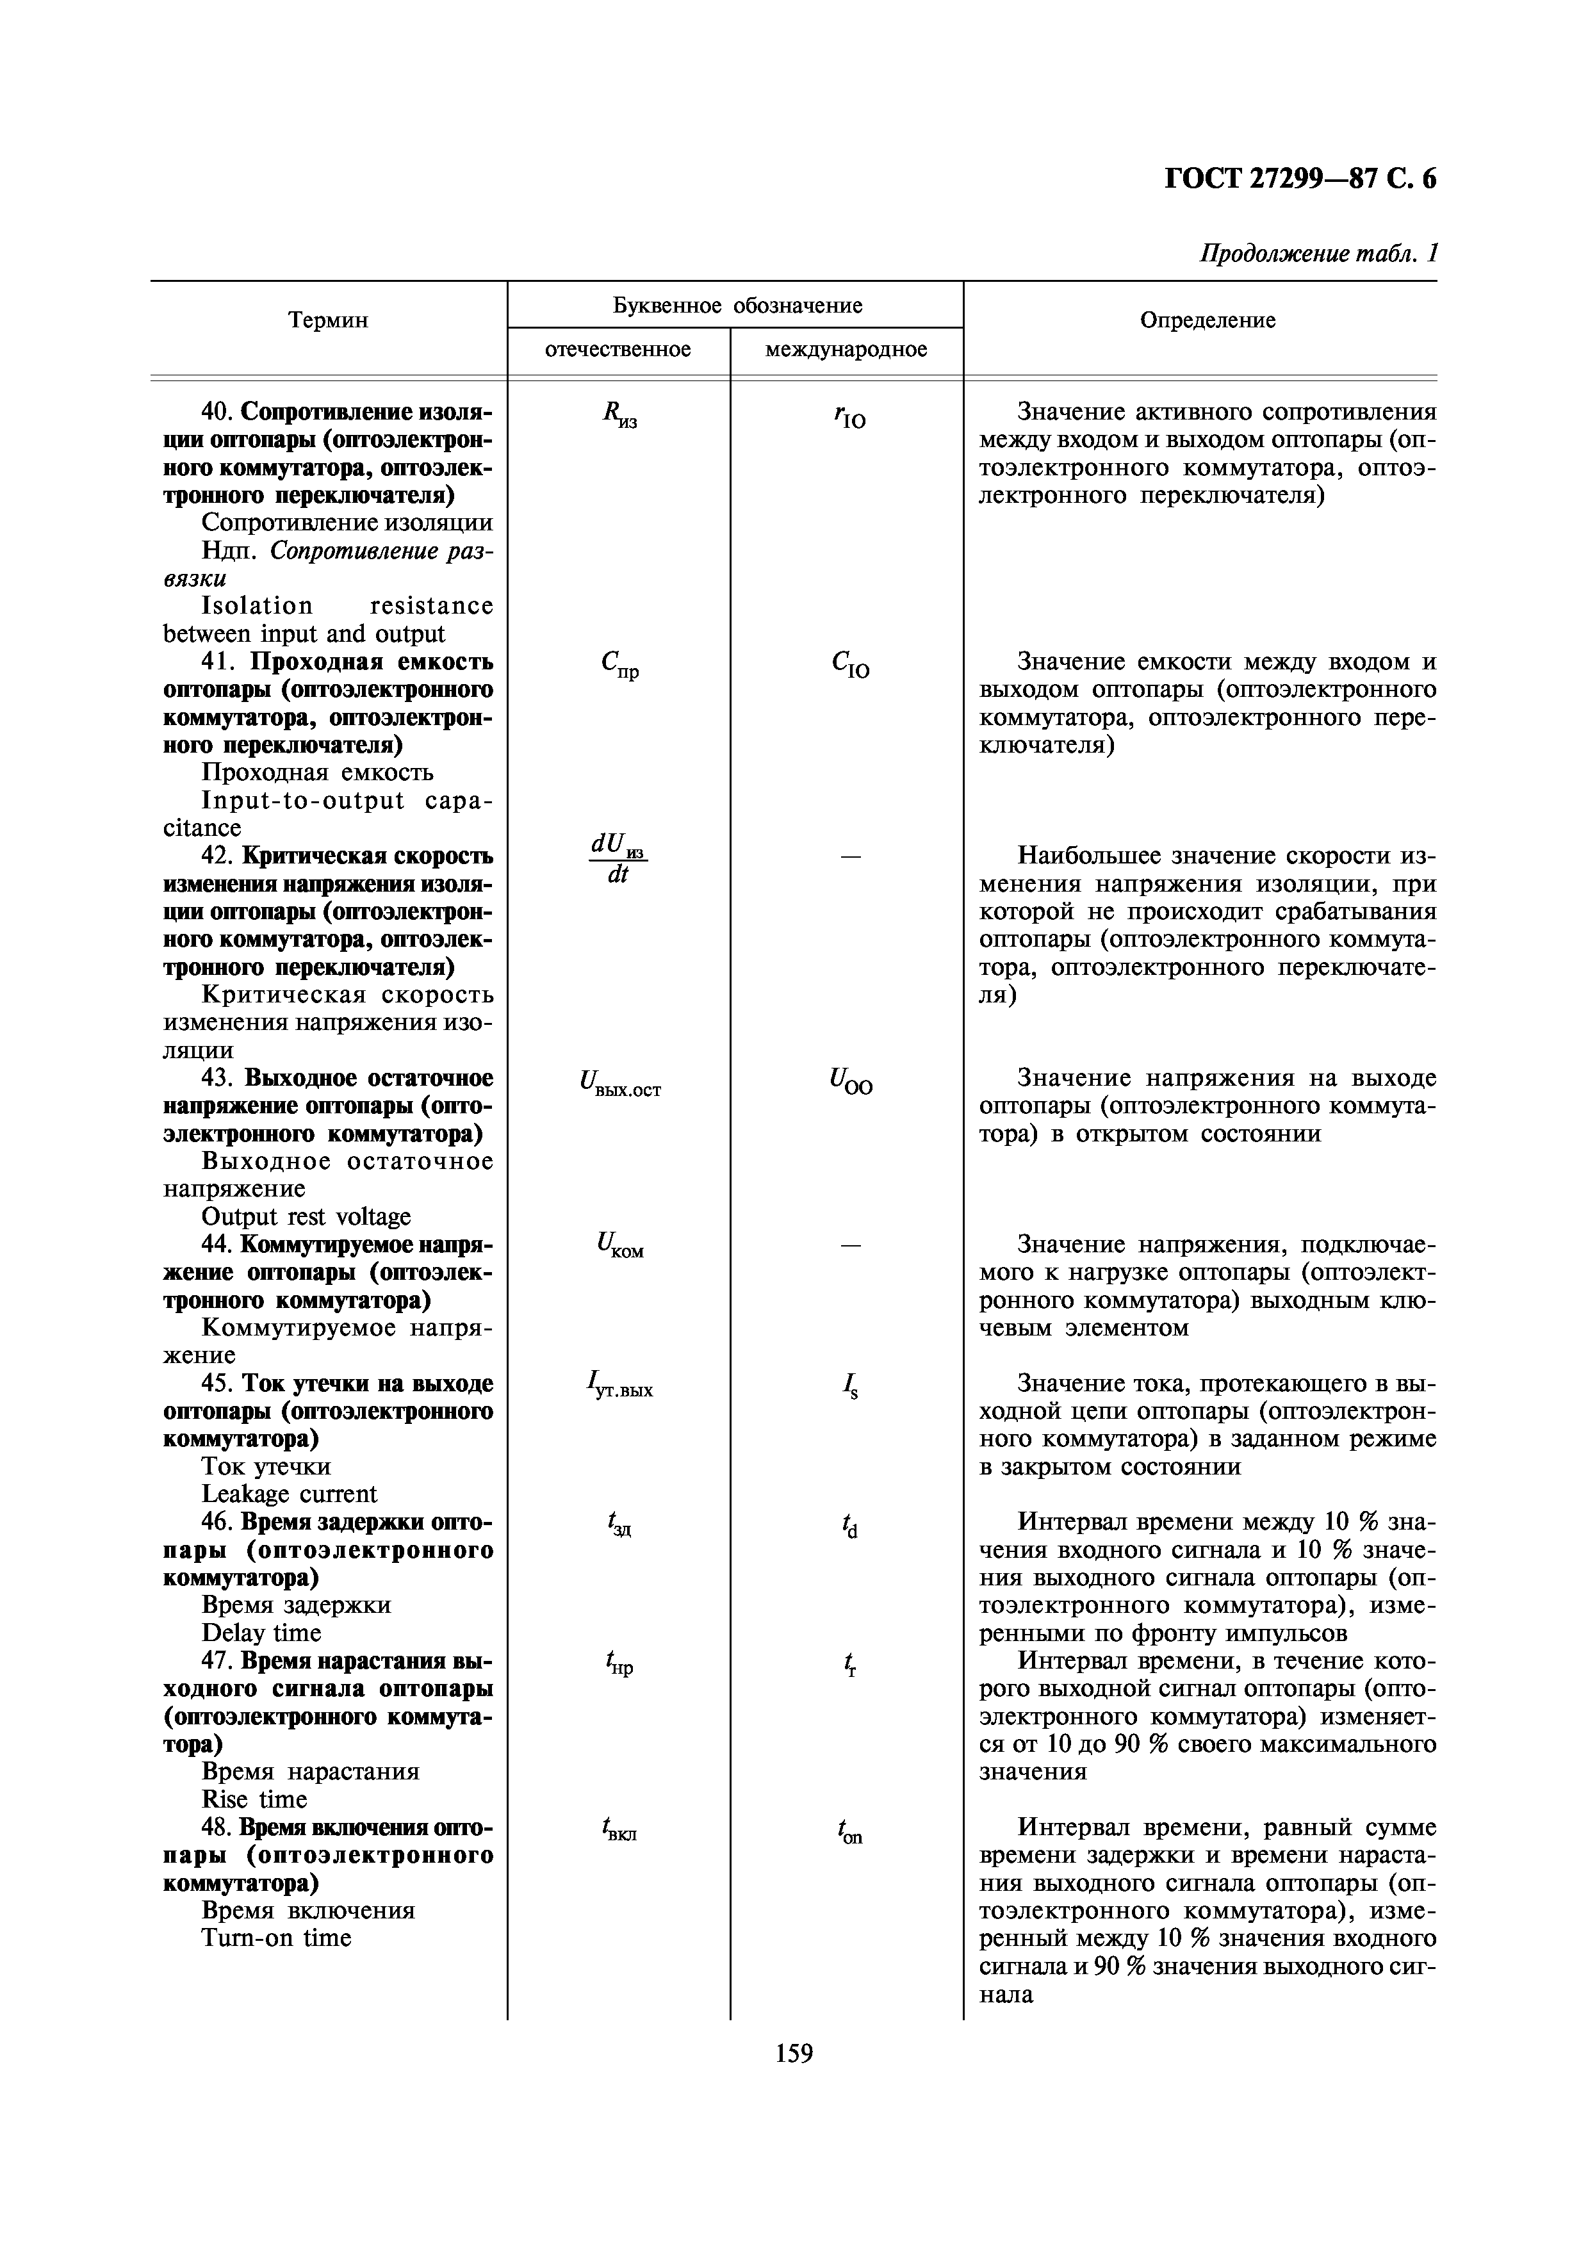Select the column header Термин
(328, 320)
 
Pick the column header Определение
(1207, 320)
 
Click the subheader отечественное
(618, 349)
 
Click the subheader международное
(846, 349)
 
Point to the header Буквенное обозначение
(737, 306)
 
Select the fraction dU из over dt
(618, 858)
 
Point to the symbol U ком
(620, 1247)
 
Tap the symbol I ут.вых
(620, 1385)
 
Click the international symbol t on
(849, 1831)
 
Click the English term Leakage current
(289, 1494)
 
